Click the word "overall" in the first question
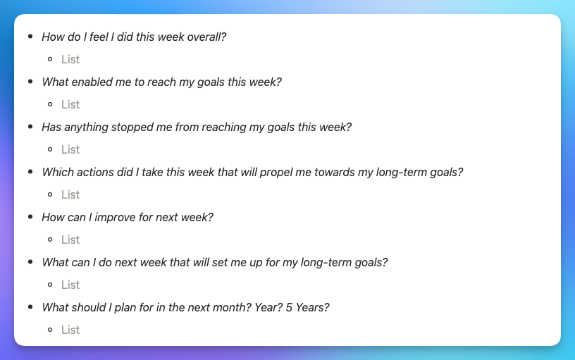pyautogui.click(x=205, y=37)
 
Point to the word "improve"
pyautogui.click(x=112, y=217)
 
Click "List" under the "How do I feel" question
pyautogui.click(x=70, y=59)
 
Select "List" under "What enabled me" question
pyautogui.click(x=70, y=104)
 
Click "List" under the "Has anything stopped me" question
pyautogui.click(x=70, y=149)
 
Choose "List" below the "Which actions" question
pyautogui.click(x=70, y=194)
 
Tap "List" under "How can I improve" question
pyautogui.click(x=70, y=240)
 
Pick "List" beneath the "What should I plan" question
pyautogui.click(x=70, y=330)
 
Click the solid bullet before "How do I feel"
pyautogui.click(x=30, y=37)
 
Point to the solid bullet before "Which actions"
pyautogui.click(x=30, y=172)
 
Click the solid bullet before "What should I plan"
pyautogui.click(x=30, y=307)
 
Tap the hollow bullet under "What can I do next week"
pyautogui.click(x=50, y=285)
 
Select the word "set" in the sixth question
pyautogui.click(x=221, y=262)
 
